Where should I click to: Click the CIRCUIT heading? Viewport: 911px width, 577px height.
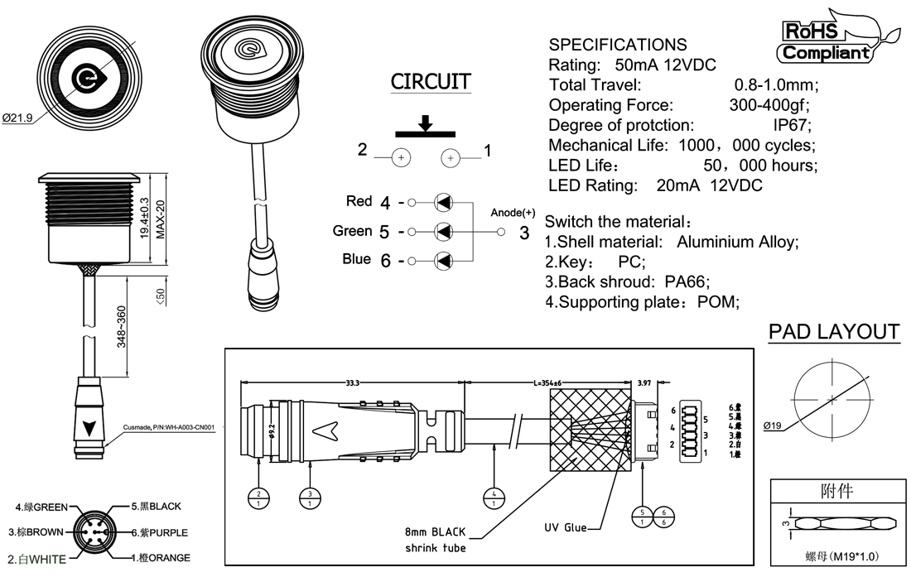click(431, 82)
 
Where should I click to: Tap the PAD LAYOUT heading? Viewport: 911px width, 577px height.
click(834, 332)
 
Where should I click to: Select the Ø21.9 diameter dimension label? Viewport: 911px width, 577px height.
click(17, 118)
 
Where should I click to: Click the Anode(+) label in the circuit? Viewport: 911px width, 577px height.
click(513, 213)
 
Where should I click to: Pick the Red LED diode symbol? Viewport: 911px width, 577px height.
click(444, 202)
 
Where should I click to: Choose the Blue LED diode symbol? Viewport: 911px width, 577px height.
click(444, 261)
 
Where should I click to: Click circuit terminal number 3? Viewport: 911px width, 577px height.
click(523, 233)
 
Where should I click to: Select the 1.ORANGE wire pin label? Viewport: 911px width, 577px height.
click(161, 558)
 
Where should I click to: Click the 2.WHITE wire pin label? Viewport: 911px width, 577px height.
click(36, 560)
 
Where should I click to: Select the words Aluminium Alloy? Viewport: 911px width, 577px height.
click(736, 243)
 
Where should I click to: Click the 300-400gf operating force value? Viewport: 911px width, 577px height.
click(768, 105)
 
